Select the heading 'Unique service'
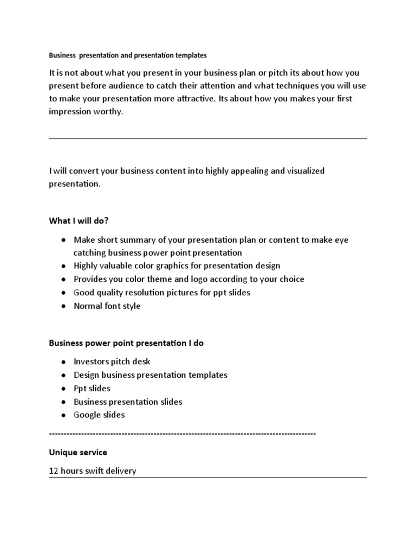(x=78, y=452)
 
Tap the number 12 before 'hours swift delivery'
(x=54, y=471)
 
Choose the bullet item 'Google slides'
(x=99, y=415)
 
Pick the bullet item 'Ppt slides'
(x=92, y=388)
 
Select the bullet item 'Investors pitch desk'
(x=112, y=362)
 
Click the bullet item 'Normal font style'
(x=107, y=306)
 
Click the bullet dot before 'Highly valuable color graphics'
(x=64, y=266)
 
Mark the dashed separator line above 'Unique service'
(x=182, y=434)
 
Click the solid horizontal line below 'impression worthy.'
(x=208, y=139)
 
